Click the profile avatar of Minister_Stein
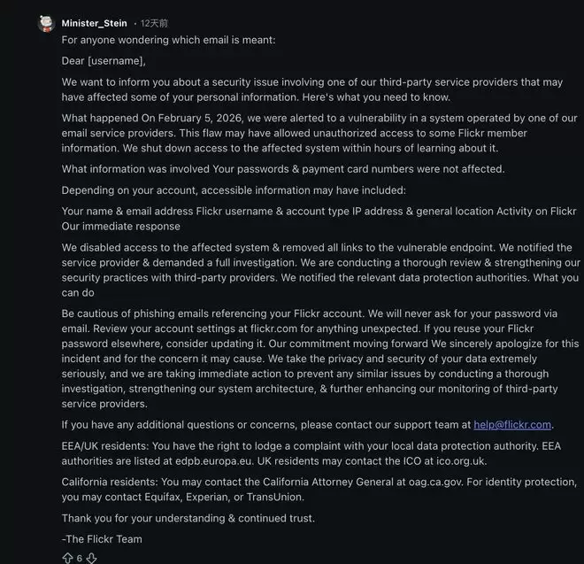tap(46, 23)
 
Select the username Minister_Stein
tap(95, 23)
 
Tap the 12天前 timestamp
tap(154, 23)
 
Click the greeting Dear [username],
tap(104, 61)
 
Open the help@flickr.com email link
tap(512, 424)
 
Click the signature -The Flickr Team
tap(102, 538)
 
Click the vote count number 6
tap(79, 558)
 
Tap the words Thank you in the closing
tap(86, 518)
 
